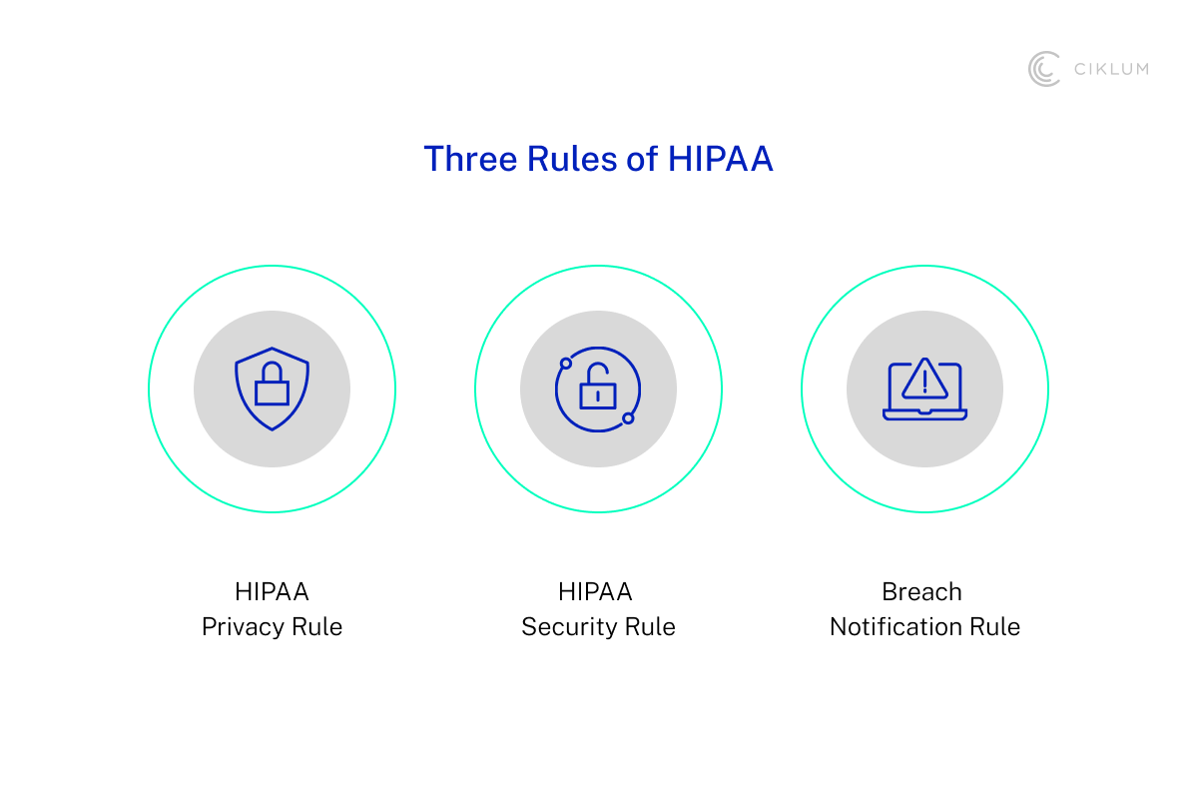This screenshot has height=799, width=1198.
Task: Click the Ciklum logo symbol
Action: pyautogui.click(x=1044, y=69)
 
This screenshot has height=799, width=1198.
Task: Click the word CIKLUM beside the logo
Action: pyautogui.click(x=1111, y=69)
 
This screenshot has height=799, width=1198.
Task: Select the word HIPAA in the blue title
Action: pyautogui.click(x=721, y=160)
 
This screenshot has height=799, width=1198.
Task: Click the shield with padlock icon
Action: pyautogui.click(x=272, y=390)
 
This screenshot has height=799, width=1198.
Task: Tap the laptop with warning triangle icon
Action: pyautogui.click(x=924, y=390)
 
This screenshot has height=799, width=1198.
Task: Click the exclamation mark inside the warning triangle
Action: pyautogui.click(x=924, y=383)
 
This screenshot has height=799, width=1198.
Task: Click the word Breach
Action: pyautogui.click(x=921, y=592)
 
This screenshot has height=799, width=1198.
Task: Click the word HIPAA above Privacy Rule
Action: pyautogui.click(x=272, y=592)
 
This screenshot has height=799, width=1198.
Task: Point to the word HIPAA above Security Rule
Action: pyautogui.click(x=595, y=592)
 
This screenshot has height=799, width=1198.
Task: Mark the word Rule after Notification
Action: pyautogui.click(x=995, y=627)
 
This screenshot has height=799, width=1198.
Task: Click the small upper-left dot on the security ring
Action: pyautogui.click(x=566, y=364)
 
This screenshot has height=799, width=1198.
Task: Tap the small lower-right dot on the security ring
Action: pyautogui.click(x=628, y=417)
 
